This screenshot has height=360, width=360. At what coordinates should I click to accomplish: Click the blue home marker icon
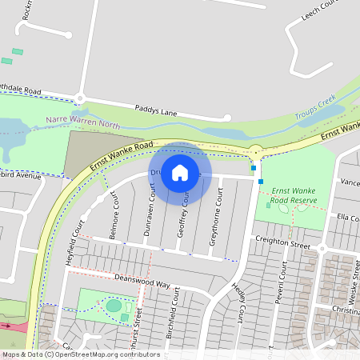[x=180, y=173]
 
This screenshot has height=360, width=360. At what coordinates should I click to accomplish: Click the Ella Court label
[x=348, y=218]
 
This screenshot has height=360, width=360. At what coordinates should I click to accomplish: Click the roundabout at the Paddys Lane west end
[x=80, y=98]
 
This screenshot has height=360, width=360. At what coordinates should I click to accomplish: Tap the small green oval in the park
[x=114, y=306]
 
